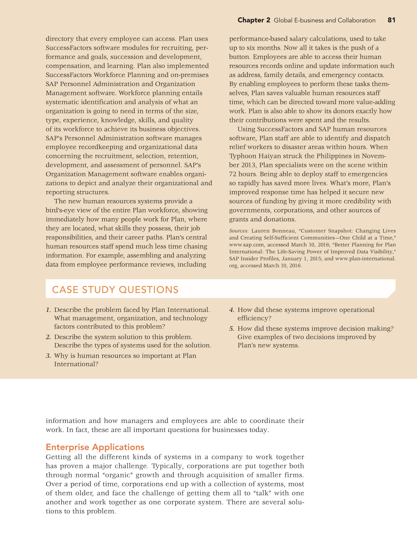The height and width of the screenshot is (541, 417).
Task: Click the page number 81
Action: [x=391, y=20]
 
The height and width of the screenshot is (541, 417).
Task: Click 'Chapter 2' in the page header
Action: [x=254, y=20]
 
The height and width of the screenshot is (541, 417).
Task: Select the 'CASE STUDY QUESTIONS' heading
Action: [x=115, y=290]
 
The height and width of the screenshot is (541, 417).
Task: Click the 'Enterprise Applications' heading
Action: [x=95, y=447]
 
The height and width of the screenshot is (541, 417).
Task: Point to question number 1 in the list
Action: [x=48, y=310]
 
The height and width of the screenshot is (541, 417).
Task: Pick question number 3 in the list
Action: [x=48, y=356]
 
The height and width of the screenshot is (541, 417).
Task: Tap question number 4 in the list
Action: [x=232, y=310]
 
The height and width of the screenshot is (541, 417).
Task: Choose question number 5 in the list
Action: [x=232, y=329]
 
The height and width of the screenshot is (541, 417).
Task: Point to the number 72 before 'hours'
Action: [x=233, y=174]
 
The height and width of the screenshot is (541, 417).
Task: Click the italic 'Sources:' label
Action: [x=239, y=231]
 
